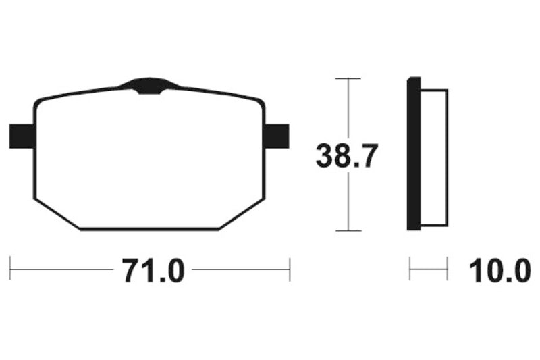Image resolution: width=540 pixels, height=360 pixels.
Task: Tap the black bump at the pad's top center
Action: (149, 86)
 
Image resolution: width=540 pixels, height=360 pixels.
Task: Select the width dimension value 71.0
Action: (153, 271)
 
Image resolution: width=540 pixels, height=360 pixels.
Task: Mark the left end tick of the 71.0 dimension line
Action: (10, 269)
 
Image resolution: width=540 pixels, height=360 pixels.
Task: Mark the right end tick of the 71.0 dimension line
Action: (290, 269)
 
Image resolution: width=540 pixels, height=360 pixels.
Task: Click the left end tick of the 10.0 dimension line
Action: (410, 269)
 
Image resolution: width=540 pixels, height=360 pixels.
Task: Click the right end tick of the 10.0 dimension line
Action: (448, 269)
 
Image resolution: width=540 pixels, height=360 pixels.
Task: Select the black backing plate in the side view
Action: (413, 154)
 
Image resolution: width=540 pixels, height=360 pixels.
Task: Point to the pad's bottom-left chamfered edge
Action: (57, 214)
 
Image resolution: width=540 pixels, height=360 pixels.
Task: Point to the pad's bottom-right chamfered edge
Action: (240, 215)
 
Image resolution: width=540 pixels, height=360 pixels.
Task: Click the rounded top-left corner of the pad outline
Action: (38, 103)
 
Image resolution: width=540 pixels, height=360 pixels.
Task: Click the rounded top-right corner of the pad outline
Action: (260, 102)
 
